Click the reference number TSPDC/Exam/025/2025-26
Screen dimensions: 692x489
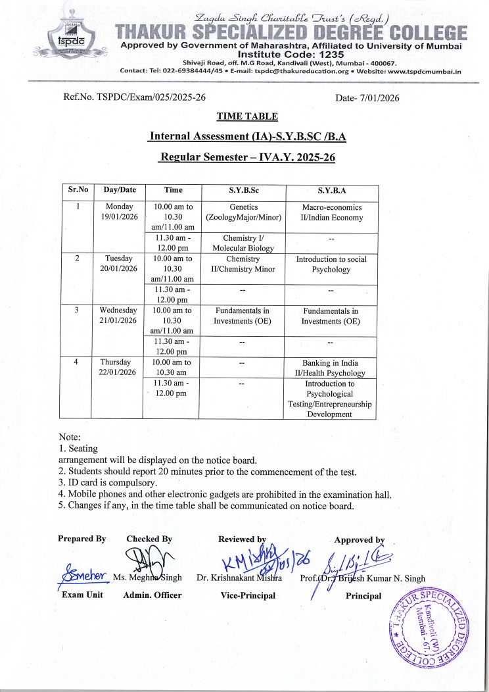135,97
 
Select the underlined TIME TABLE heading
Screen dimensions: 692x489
247,116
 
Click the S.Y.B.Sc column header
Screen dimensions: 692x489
244,190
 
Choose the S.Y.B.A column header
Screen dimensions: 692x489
331,190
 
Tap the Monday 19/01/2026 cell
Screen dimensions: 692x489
118,212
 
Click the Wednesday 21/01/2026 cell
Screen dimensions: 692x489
118,314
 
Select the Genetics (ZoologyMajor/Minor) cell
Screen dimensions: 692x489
244,212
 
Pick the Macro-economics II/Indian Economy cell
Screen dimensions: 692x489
331,212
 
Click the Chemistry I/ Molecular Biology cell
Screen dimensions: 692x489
244,242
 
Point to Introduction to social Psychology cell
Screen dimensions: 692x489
331,264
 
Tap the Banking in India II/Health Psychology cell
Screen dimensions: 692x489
331,368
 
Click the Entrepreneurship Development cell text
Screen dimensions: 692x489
331,408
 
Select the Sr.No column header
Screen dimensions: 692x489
78,189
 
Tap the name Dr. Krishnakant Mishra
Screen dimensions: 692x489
239,578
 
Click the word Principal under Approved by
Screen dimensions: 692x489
363,596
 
